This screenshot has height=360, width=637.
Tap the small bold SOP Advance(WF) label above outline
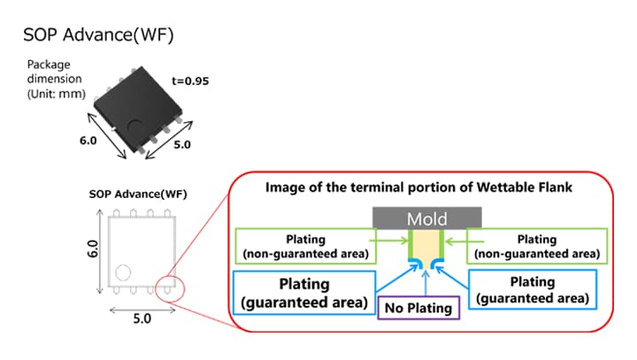coord(138,195)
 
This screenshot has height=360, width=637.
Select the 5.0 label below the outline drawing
coord(142,319)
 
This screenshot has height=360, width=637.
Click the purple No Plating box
coord(419,309)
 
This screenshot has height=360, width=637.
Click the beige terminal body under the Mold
coord(427,244)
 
